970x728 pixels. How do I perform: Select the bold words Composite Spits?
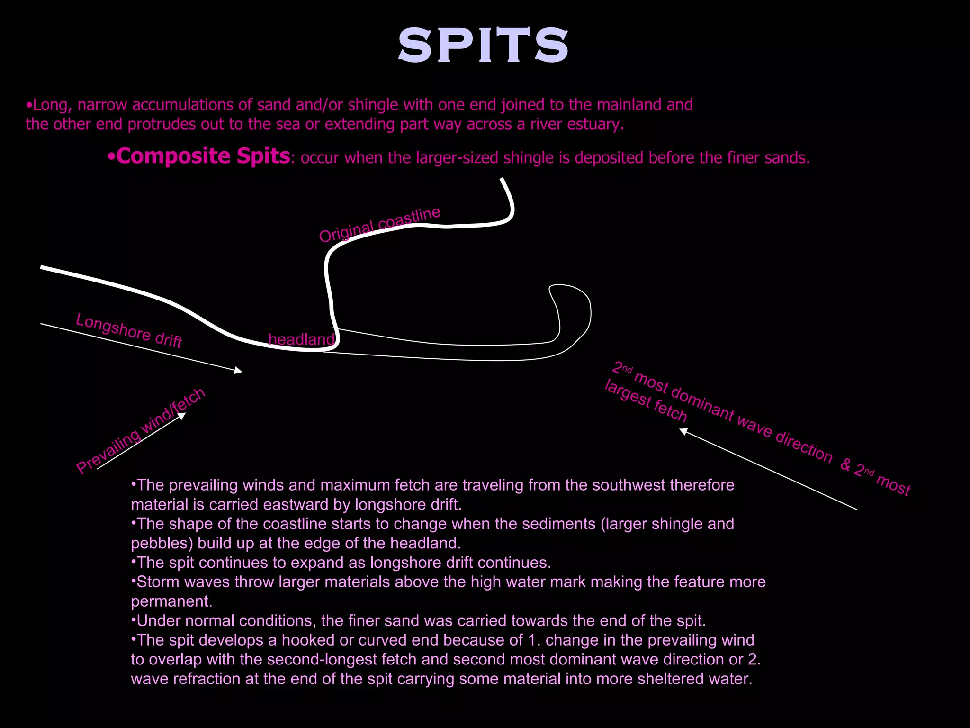pos(203,156)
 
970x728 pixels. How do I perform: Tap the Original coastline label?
pos(379,224)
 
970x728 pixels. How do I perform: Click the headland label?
pos(301,339)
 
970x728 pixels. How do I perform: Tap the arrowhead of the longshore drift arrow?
pos(239,371)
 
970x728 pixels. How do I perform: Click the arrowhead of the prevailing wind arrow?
pos(182,416)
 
